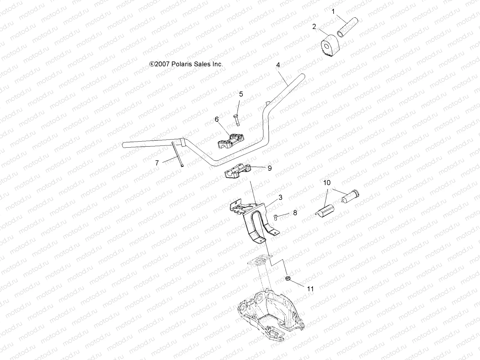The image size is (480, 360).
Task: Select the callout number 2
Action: click(314, 27)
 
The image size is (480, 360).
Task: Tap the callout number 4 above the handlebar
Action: click(278, 65)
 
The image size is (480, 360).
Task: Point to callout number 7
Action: click(157, 163)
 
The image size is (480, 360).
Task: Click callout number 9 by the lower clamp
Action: click(269, 168)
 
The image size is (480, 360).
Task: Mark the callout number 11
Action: click(310, 289)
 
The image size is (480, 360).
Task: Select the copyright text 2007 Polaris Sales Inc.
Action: click(186, 64)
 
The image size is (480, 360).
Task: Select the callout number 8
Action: click(295, 213)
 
